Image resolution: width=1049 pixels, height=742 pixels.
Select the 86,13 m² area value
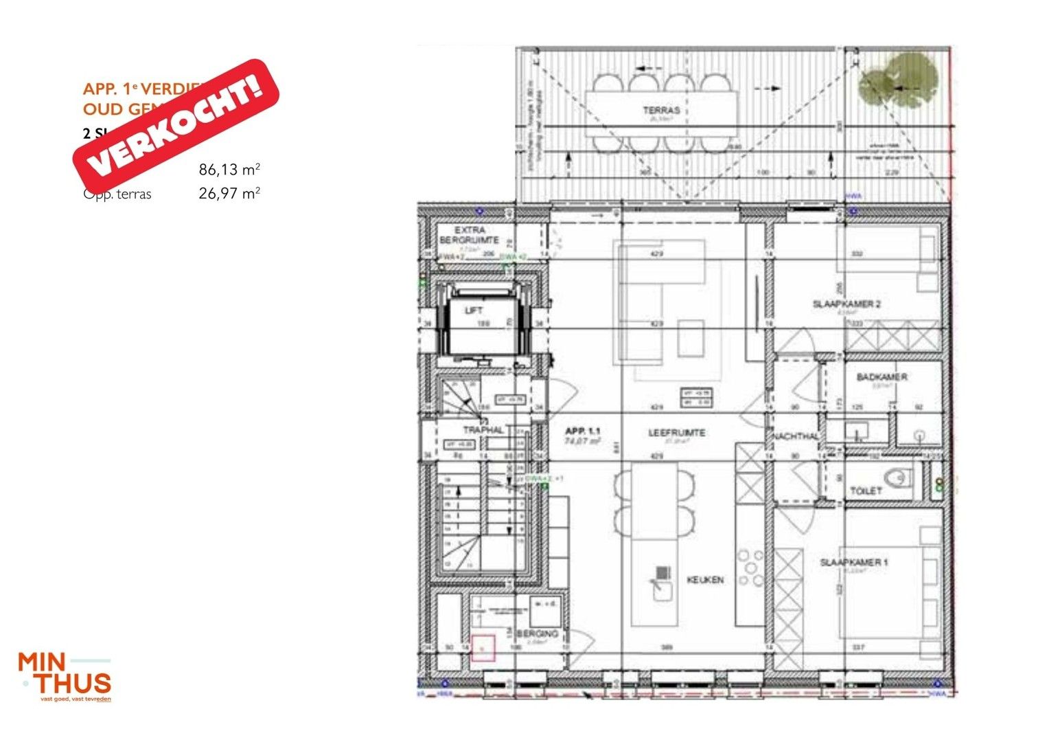[229, 170]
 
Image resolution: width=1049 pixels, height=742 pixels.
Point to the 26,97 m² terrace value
[229, 194]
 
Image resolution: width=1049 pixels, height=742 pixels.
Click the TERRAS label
[661, 110]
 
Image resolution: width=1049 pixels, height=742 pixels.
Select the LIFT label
[474, 311]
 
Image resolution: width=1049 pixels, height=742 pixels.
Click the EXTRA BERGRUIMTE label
[470, 235]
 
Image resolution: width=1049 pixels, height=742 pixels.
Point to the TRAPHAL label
[483, 430]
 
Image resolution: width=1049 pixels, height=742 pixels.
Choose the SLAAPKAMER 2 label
[846, 304]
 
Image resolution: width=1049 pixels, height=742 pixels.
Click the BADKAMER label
[881, 377]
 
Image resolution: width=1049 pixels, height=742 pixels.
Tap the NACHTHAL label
[796, 437]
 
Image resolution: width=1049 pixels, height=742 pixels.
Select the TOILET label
[866, 491]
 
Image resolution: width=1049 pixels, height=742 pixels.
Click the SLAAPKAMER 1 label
[854, 563]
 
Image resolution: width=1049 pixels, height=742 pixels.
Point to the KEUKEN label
[705, 580]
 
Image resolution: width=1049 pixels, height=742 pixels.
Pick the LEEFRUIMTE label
[676, 433]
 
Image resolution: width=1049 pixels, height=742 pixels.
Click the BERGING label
[537, 633]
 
